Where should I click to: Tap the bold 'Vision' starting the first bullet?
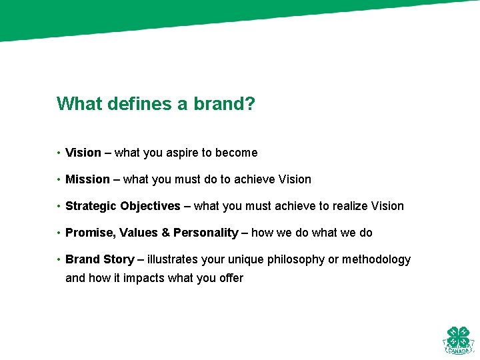(83, 153)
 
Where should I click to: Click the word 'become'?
(237, 153)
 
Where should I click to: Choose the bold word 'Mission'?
(87, 179)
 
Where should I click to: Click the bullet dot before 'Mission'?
(59, 179)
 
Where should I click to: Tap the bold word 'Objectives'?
(150, 206)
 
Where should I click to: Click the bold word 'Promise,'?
(91, 233)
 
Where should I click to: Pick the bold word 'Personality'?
(205, 233)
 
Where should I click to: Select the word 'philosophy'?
(296, 259)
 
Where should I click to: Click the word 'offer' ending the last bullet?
(231, 278)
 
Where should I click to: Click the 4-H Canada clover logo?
(458, 341)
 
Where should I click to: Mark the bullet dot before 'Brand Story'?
(59, 259)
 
